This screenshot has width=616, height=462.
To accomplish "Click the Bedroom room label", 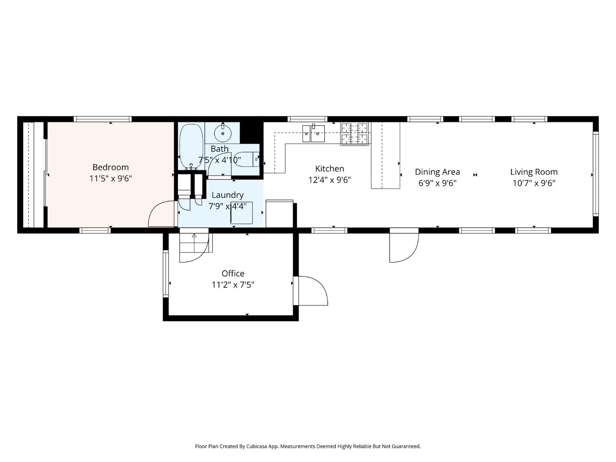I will [110, 167].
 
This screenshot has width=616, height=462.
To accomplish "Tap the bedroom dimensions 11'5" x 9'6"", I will [110, 178].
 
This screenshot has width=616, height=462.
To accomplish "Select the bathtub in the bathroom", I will [190, 145].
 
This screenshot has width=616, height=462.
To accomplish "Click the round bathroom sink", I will [222, 133].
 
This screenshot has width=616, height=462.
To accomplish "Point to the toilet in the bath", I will [246, 160].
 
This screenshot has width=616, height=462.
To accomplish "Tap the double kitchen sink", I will [313, 133].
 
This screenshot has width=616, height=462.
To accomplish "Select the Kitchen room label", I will [329, 169].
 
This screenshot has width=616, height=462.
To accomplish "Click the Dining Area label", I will [437, 172].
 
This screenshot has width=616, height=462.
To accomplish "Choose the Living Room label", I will [533, 172].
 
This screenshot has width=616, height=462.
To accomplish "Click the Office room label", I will [233, 273].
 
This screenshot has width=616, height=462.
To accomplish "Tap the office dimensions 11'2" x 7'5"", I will [233, 285].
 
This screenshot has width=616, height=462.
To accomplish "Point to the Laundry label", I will [228, 195].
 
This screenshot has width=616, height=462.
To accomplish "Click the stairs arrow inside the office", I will [194, 236].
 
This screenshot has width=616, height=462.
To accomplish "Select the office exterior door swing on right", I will [312, 291].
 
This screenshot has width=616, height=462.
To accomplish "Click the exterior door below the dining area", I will [403, 246].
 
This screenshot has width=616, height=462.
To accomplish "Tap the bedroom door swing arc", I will [160, 214].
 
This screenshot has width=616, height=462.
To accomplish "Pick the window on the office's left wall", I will [166, 274].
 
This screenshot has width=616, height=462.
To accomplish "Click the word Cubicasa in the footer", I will [257, 446].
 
